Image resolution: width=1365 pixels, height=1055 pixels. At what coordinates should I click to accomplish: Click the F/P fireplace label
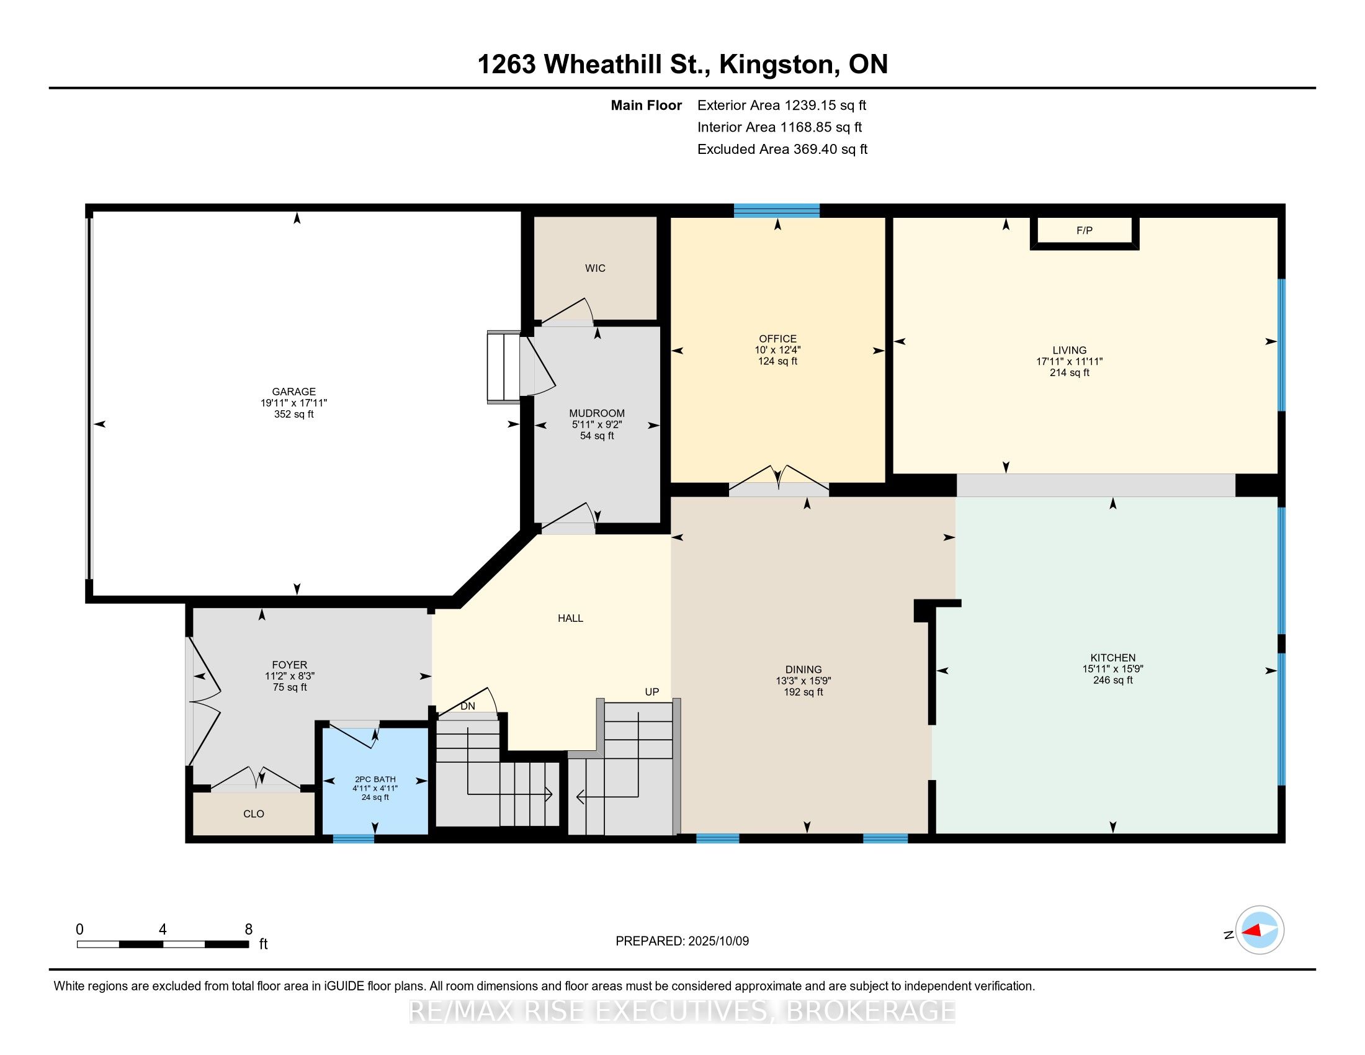[x=1085, y=231]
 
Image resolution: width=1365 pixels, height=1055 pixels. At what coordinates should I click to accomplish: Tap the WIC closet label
[x=595, y=268]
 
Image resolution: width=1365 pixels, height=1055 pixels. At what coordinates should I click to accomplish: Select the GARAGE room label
[x=293, y=392]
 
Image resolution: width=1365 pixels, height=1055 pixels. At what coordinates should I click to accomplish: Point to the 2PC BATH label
[x=375, y=779]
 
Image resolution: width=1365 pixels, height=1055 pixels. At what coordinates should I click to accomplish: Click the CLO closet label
[x=254, y=814]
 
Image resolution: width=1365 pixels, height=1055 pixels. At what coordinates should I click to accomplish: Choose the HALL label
[x=571, y=618]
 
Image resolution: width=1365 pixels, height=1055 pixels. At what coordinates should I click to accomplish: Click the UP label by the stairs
[x=652, y=692]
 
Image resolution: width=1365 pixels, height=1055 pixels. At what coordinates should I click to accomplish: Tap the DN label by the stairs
[x=468, y=706]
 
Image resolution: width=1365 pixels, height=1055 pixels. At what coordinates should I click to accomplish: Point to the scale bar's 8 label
[x=249, y=930]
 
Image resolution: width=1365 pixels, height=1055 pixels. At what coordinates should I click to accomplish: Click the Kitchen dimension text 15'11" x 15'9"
[x=1112, y=669]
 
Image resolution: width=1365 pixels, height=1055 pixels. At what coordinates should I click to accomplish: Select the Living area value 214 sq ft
[x=1070, y=372]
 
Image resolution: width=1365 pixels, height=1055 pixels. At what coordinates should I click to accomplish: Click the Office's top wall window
[x=777, y=210]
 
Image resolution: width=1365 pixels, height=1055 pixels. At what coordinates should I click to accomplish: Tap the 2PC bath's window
[x=354, y=839]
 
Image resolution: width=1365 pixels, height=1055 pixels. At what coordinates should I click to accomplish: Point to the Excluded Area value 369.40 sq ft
[x=831, y=150]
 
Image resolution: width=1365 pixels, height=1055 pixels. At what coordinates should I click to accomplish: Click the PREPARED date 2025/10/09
[x=718, y=941]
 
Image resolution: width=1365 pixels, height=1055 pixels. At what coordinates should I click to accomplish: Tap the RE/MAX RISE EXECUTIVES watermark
[x=682, y=1012]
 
